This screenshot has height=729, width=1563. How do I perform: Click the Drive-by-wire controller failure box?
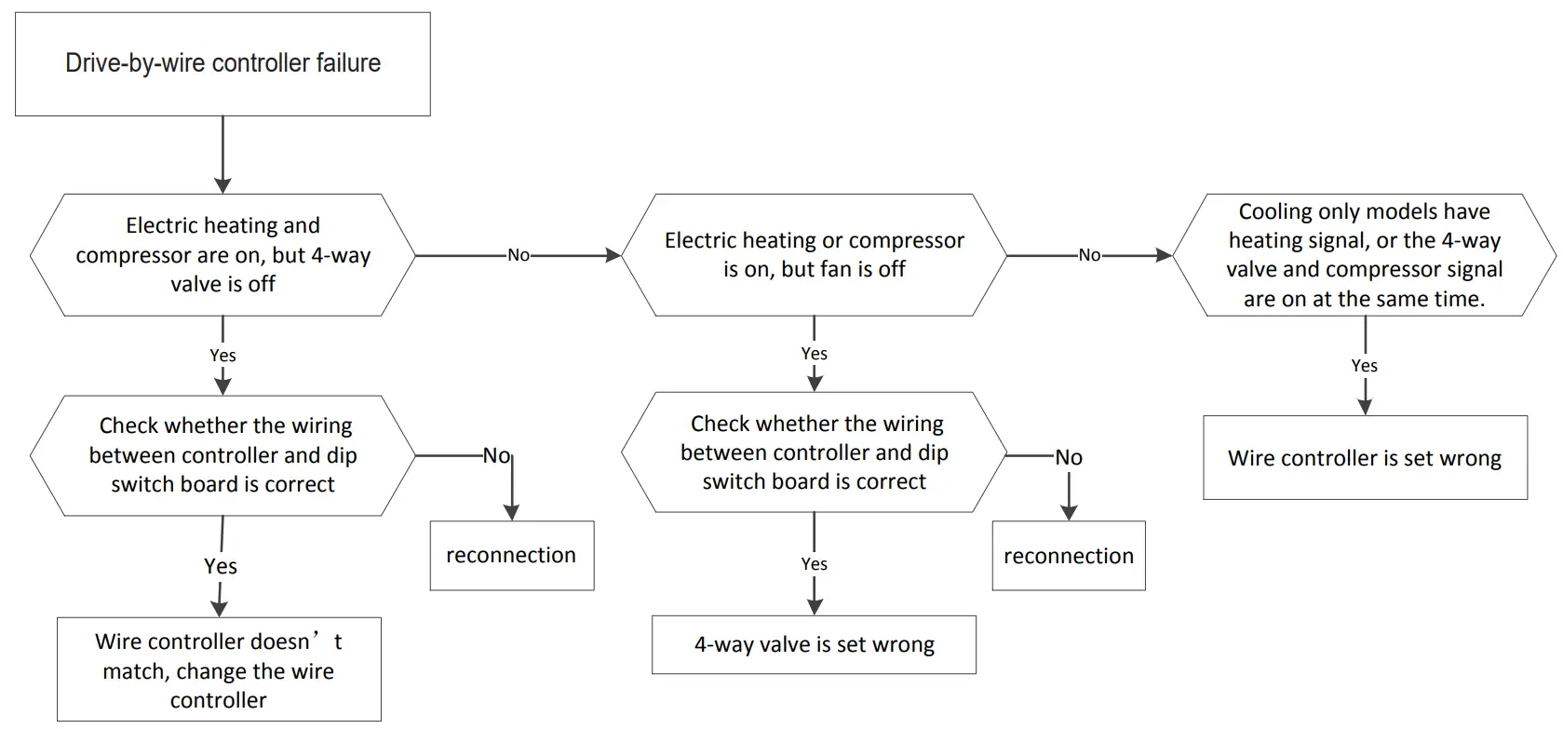pos(222,64)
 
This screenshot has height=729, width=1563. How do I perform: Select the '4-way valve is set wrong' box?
pos(814,644)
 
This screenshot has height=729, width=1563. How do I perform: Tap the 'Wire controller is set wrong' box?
pos(1365,458)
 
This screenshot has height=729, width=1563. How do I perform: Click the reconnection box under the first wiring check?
pos(511,556)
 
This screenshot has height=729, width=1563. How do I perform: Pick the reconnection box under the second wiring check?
pos(1069,556)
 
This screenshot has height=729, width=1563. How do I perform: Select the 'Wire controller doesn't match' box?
pos(219,669)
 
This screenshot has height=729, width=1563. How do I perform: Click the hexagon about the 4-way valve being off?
pos(222,255)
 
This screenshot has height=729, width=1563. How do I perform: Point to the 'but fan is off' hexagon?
pos(814,255)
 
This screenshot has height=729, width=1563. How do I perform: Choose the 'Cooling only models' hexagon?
pos(1364,255)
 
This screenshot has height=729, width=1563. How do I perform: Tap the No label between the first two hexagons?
pos(519,255)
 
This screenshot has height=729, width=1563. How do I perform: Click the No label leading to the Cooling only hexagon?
pos(1089,255)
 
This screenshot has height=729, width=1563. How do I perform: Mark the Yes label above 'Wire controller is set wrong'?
pos(1364,366)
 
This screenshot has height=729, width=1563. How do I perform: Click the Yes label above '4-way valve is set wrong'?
pos(814,564)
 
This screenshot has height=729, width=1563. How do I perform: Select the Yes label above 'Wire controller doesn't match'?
pos(221,566)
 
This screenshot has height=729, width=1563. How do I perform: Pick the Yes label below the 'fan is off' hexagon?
pos(814,354)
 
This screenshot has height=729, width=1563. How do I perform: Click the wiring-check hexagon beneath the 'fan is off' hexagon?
pos(814,452)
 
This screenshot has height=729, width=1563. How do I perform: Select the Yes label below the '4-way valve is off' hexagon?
pos(222,356)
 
